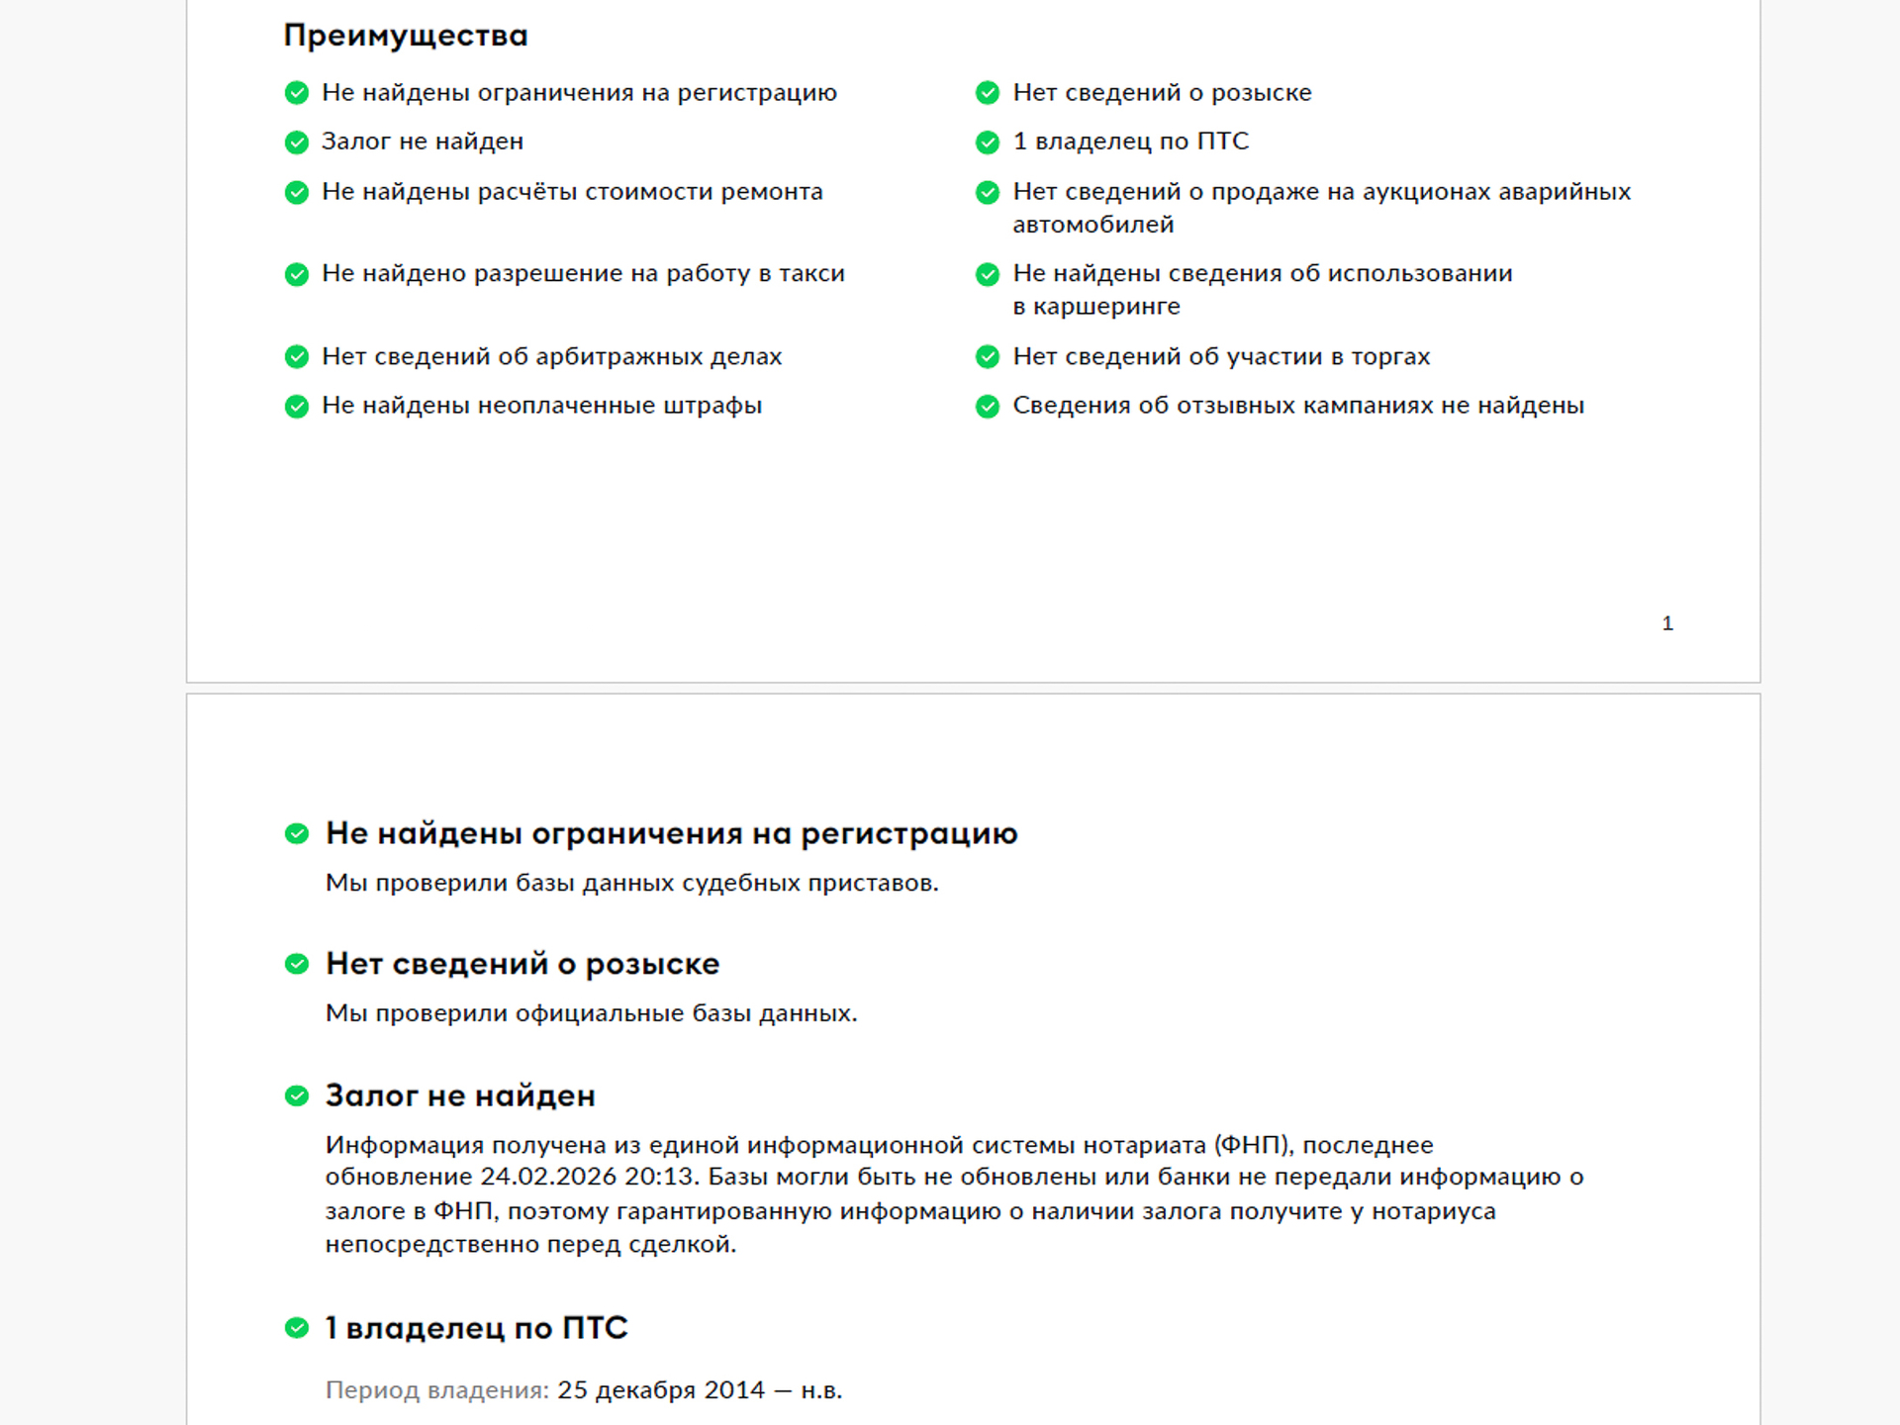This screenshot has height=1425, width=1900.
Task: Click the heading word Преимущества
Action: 405,36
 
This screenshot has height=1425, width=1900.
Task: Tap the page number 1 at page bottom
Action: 1667,623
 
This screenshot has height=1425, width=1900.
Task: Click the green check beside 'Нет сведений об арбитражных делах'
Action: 297,356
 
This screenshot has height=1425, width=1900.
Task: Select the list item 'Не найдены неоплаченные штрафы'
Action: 541,406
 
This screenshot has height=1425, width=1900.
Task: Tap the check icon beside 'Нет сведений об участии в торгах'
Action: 988,356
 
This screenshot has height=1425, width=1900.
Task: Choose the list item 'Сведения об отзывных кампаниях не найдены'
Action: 1297,406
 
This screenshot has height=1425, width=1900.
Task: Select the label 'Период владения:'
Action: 436,1390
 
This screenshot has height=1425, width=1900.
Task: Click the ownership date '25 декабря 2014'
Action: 661,1390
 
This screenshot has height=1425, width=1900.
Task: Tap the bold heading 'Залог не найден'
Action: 460,1096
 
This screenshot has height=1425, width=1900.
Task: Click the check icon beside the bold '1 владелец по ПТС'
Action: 297,1328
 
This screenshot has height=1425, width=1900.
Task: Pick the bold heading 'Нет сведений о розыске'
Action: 522,964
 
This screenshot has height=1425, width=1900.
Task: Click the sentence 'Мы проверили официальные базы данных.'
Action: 591,1013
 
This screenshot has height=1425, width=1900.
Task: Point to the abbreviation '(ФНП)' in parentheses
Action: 1253,1145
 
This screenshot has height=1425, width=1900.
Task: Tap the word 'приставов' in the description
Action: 872,883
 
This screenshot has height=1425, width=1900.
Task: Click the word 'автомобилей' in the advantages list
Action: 1092,225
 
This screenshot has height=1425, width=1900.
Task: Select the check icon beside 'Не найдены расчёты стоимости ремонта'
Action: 297,192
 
